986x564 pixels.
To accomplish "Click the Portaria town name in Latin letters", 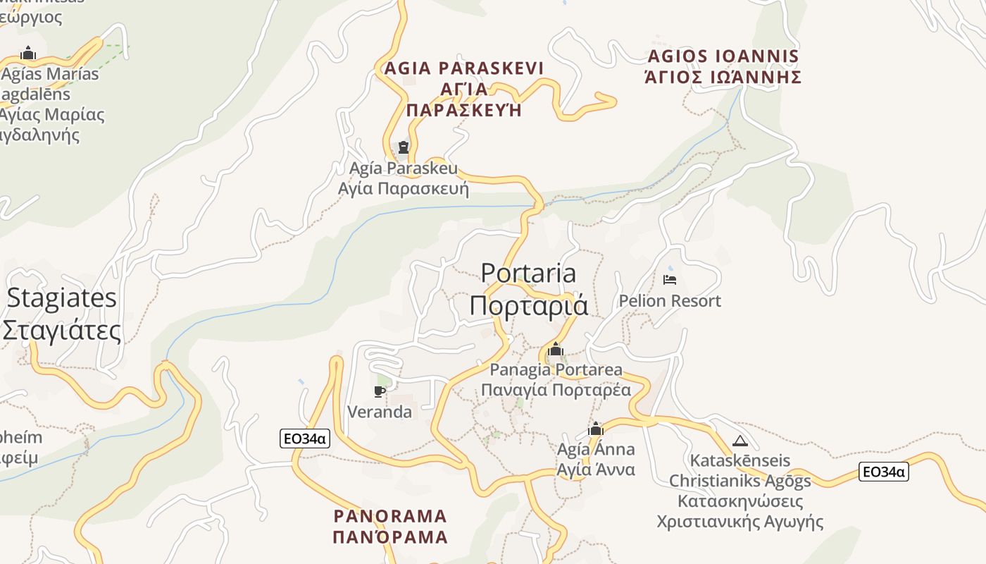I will click(x=528, y=273).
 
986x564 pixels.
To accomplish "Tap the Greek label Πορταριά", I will click(x=528, y=305).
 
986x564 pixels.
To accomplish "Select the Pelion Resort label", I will click(x=670, y=301).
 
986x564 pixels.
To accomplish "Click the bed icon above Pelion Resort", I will click(x=670, y=280).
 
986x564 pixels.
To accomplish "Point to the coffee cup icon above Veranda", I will click(x=380, y=391).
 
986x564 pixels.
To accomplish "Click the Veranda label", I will click(x=380, y=412).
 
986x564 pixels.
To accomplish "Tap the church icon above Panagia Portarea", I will click(x=556, y=349).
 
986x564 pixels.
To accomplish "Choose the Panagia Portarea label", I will click(x=556, y=369).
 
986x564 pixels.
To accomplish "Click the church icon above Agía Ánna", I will click(x=596, y=429).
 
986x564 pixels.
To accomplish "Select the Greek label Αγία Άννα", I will click(x=596, y=470).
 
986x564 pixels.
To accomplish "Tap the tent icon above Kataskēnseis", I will click(x=739, y=441).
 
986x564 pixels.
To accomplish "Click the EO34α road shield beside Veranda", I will click(x=304, y=439).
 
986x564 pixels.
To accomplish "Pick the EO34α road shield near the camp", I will click(x=884, y=472).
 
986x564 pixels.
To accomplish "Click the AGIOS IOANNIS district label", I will click(x=723, y=56).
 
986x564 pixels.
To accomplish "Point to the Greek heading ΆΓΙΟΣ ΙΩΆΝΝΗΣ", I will click(x=723, y=77).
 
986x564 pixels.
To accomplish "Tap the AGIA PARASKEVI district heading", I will click(x=464, y=68).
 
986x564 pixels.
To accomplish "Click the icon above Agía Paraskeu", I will click(x=404, y=147).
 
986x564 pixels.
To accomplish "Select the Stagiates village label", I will click(x=62, y=298).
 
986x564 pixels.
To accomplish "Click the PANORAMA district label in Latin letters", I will click(x=390, y=516).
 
